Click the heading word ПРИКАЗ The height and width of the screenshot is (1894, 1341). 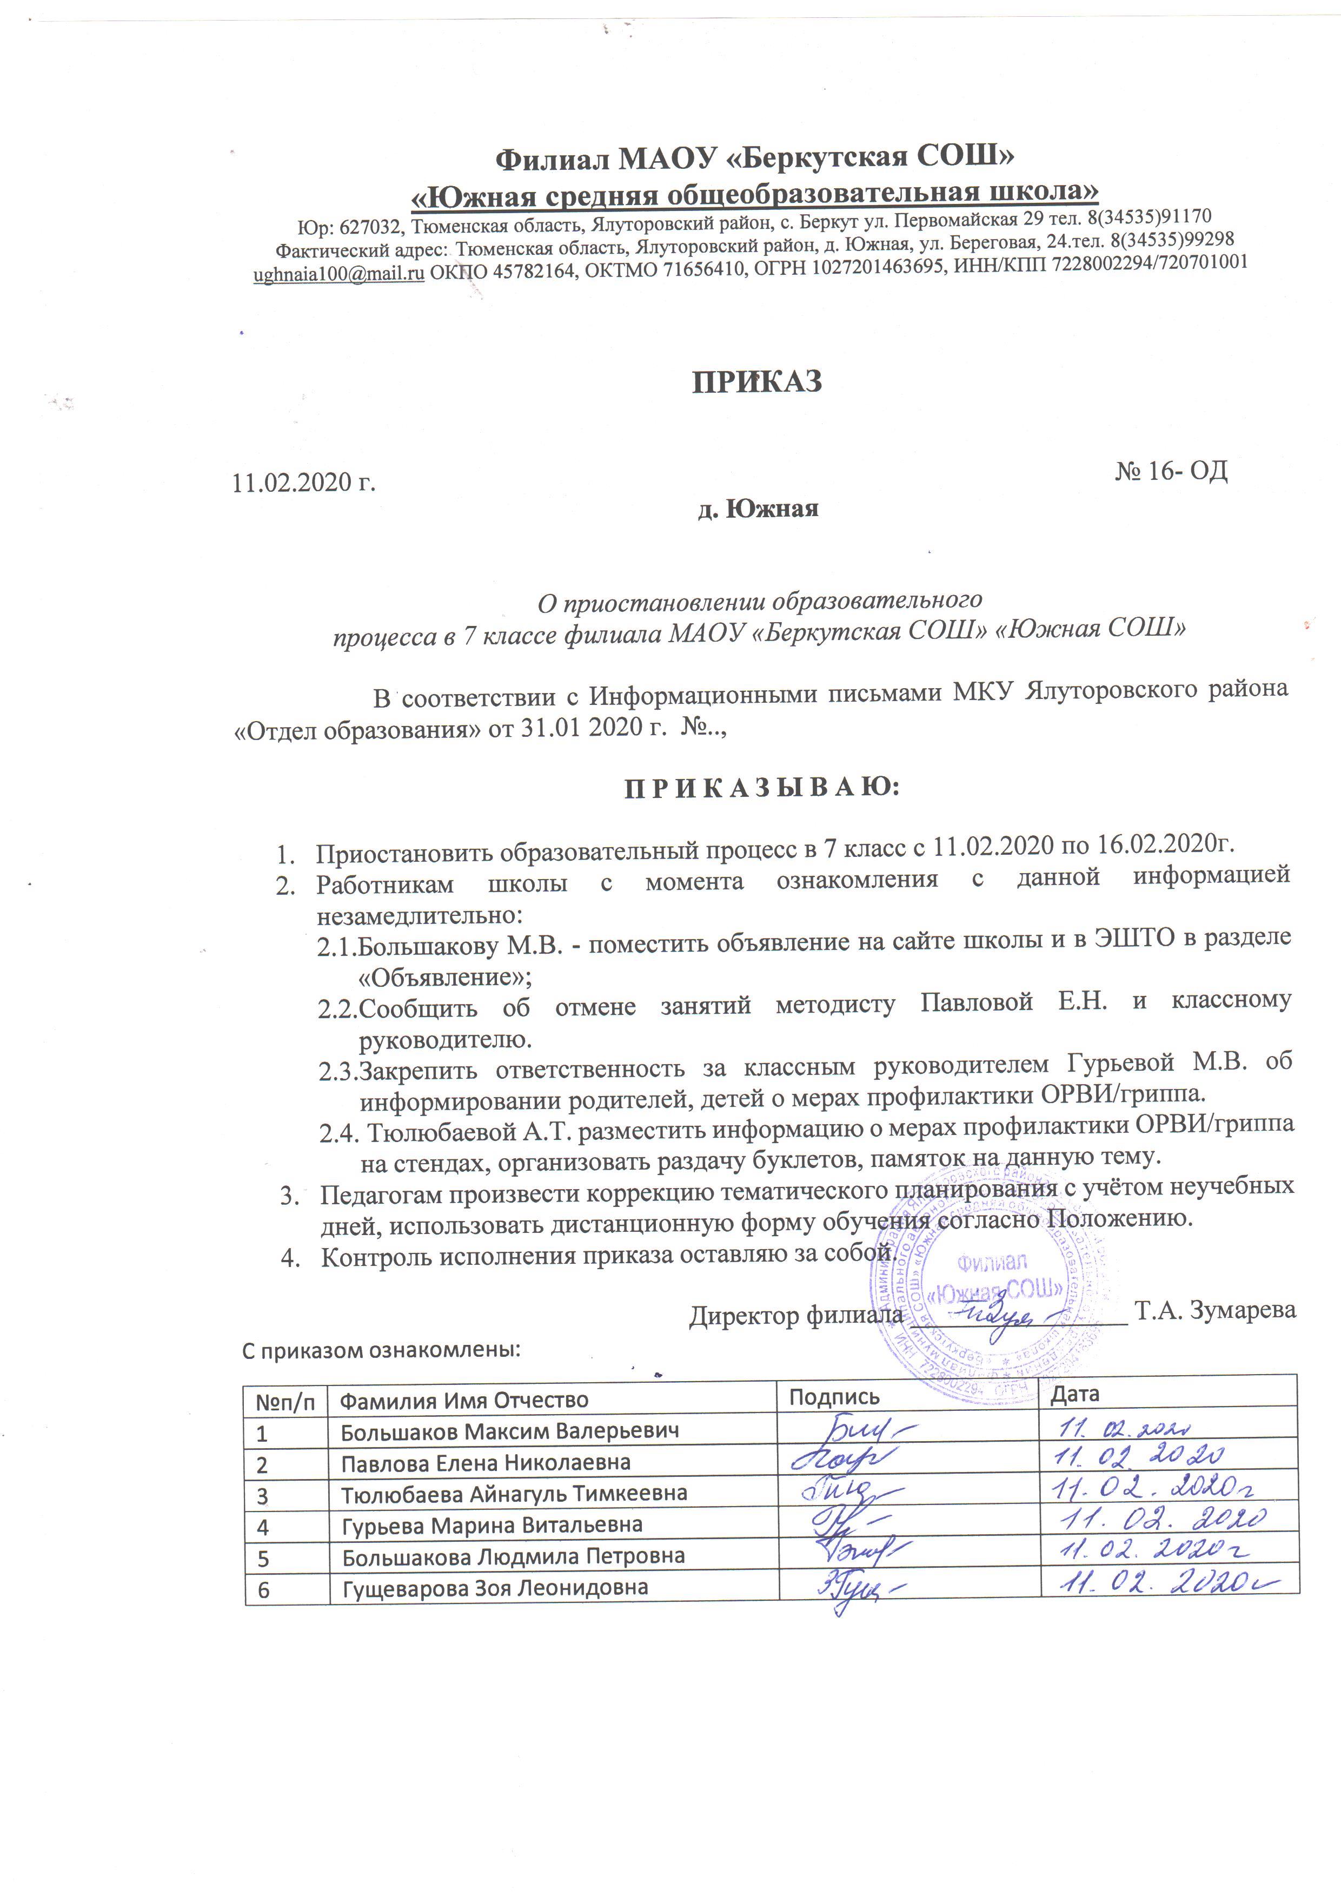click(x=757, y=381)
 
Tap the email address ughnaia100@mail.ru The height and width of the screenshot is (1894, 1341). click(x=338, y=273)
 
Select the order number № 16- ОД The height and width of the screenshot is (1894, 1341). click(x=1171, y=471)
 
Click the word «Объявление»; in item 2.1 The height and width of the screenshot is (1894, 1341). click(x=446, y=977)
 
